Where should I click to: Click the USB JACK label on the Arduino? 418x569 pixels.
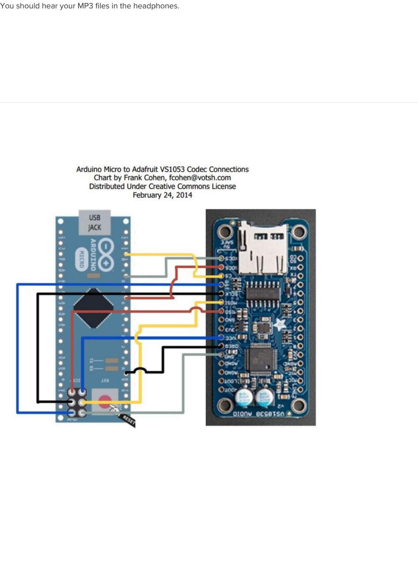pyautogui.click(x=94, y=222)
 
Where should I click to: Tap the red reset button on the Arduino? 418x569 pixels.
pyautogui.click(x=105, y=398)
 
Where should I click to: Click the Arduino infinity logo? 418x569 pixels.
pyautogui.click(x=106, y=253)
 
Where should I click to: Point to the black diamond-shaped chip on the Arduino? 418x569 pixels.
pyautogui.click(x=93, y=308)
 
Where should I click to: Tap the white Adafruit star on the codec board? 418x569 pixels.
pyautogui.click(x=279, y=324)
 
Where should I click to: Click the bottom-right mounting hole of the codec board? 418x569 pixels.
pyautogui.click(x=298, y=405)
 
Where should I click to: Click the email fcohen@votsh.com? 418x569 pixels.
pyautogui.click(x=200, y=178)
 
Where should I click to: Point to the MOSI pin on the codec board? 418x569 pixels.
pyautogui.click(x=221, y=303)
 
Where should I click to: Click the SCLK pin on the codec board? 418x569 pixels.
pyautogui.click(x=221, y=293)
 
